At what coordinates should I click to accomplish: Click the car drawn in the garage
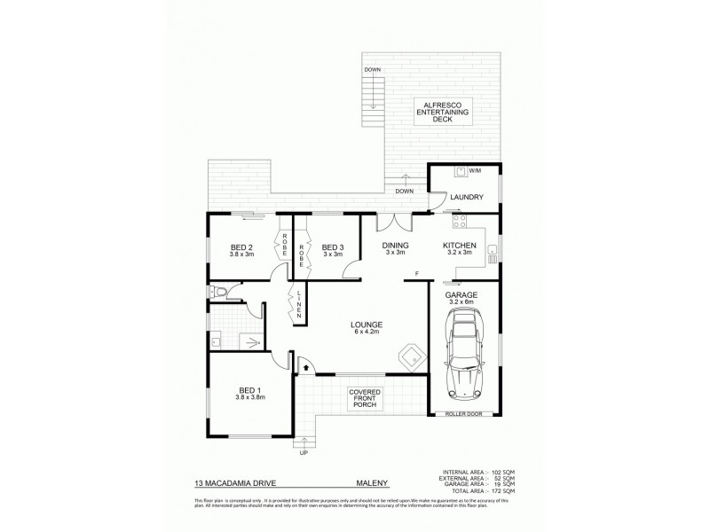pos(465,359)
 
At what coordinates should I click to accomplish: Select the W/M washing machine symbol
pos(460,172)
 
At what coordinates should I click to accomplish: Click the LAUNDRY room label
pos(466,197)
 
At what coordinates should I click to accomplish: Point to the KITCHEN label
pos(461,246)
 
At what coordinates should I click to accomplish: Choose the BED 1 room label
pos(249,391)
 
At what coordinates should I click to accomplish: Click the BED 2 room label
pos(242,248)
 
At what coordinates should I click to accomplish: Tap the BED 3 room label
pos(332,248)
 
